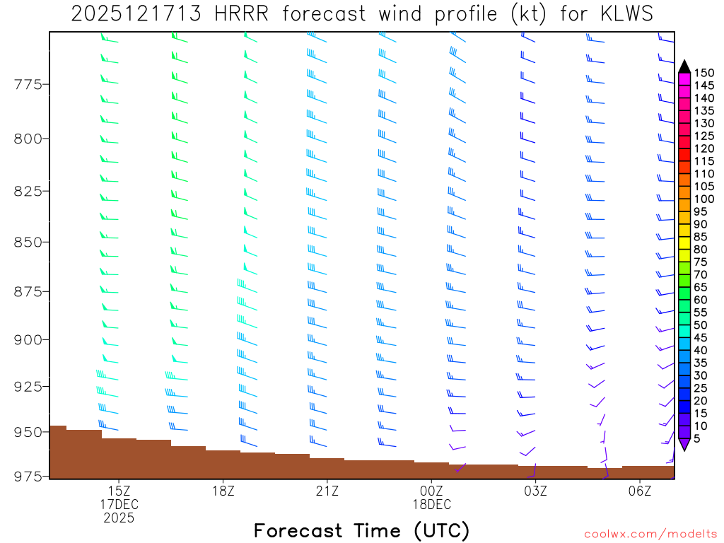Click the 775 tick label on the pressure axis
point(28,85)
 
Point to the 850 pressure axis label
point(28,242)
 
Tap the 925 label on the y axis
point(28,386)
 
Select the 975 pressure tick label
point(28,477)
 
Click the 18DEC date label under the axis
point(431,504)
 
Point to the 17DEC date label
point(119,504)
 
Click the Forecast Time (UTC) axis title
point(361,530)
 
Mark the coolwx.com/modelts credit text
point(650,534)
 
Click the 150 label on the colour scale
point(704,73)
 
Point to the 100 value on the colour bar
point(704,199)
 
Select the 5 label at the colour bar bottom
point(699,439)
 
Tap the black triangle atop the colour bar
point(684,66)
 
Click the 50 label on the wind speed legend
point(701,325)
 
